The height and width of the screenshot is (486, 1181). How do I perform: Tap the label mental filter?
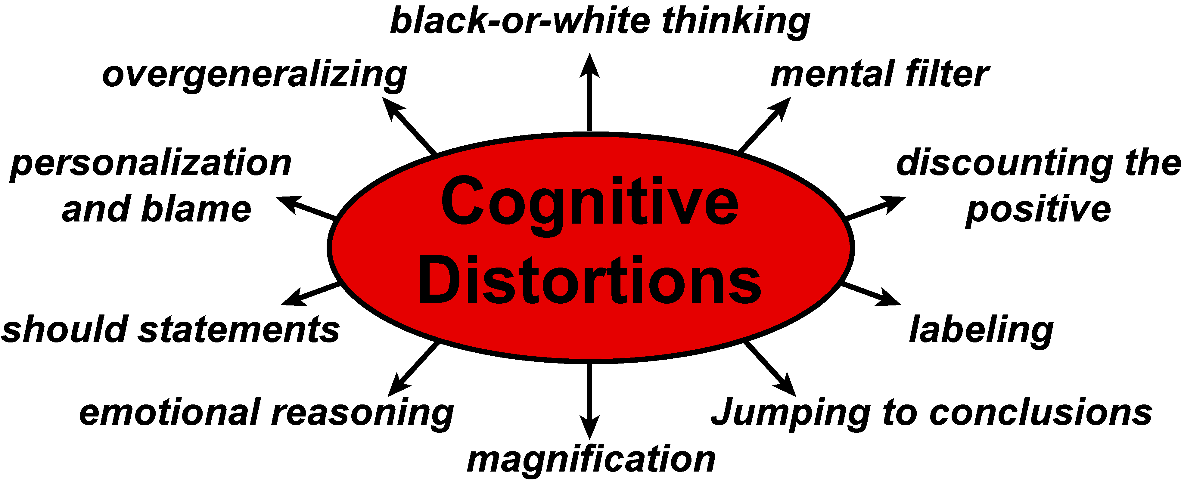[x=879, y=74]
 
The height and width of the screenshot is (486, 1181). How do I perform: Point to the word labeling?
[x=981, y=330]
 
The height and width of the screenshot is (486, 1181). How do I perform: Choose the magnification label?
[x=591, y=460]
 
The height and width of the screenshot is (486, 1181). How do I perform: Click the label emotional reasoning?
[x=266, y=413]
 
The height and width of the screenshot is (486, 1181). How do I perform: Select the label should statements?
[x=171, y=329]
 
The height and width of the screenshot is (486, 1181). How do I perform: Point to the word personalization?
[x=151, y=164]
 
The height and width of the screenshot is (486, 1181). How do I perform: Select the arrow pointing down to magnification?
[x=589, y=399]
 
